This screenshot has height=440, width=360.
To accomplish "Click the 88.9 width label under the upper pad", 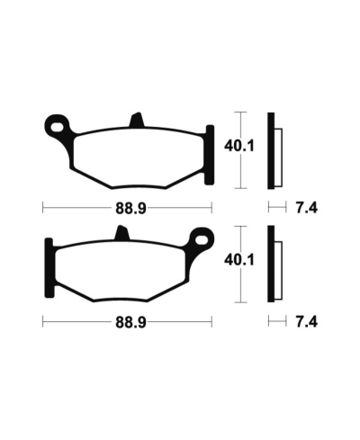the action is coord(130,208).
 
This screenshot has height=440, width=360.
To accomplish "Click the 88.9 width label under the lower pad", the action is coord(130,322).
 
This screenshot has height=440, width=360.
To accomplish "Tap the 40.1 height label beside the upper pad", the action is coord(239,146).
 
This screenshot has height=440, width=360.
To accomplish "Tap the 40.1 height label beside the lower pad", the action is coord(239,260).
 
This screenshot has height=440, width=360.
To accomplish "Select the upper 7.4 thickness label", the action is coord(307,208).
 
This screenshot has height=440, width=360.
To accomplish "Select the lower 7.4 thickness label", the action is coord(307,322).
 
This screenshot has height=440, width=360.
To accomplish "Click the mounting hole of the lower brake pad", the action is coord(202,240).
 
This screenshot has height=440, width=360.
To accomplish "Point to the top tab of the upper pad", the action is coord(137,120).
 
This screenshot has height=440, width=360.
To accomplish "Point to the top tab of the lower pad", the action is coord(122,233).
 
